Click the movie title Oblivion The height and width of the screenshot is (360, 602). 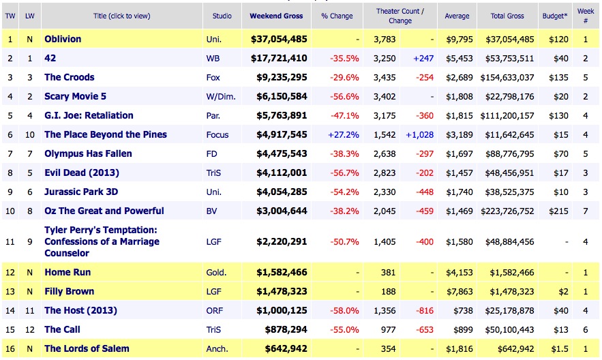pyautogui.click(x=63, y=39)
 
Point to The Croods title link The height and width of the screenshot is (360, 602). pyautogui.click(x=69, y=77)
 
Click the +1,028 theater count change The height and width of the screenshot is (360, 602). pyautogui.click(x=417, y=134)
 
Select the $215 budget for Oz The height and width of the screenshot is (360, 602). pyautogui.click(x=558, y=211)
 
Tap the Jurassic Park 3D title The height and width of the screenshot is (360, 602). pyautogui.click(x=81, y=192)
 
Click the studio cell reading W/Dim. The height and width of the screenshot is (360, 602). pyautogui.click(x=220, y=96)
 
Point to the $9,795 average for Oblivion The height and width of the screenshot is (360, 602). pyautogui.click(x=457, y=39)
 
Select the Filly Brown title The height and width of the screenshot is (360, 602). pyautogui.click(x=69, y=291)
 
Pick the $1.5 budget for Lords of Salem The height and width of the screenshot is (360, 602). pyautogui.click(x=558, y=348)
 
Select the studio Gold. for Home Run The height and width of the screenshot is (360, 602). pyautogui.click(x=217, y=272)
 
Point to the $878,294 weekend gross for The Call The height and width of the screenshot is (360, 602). pyautogui.click(x=282, y=329)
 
